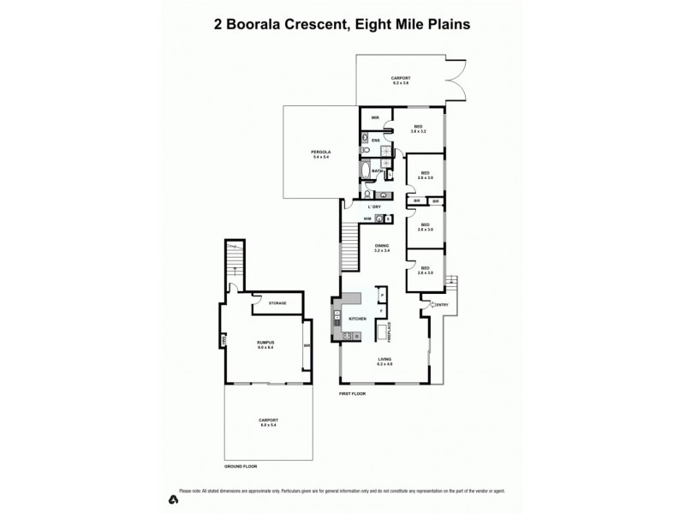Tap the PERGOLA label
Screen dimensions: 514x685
[321, 152]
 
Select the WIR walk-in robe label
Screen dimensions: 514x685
[375, 119]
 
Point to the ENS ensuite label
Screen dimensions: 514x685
[375, 140]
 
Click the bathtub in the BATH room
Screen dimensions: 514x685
[367, 170]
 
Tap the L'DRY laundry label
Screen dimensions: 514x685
[374, 207]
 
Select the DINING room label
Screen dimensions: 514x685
[381, 245]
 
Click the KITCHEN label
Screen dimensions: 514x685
[358, 319]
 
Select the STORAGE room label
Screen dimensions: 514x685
[277, 303]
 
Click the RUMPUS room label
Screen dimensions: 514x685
[265, 343]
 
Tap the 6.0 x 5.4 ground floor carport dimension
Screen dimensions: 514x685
[268, 425]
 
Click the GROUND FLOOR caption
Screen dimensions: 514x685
[241, 466]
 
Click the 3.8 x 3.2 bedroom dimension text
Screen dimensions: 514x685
[418, 131]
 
